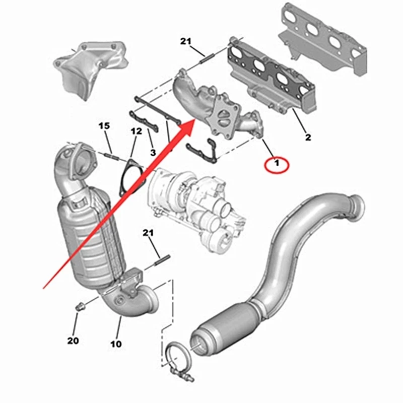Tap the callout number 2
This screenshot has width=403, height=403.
[308, 137]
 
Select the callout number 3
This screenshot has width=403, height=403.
[152, 153]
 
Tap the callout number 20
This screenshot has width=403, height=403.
[73, 341]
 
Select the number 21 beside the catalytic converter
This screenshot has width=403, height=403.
[148, 232]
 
